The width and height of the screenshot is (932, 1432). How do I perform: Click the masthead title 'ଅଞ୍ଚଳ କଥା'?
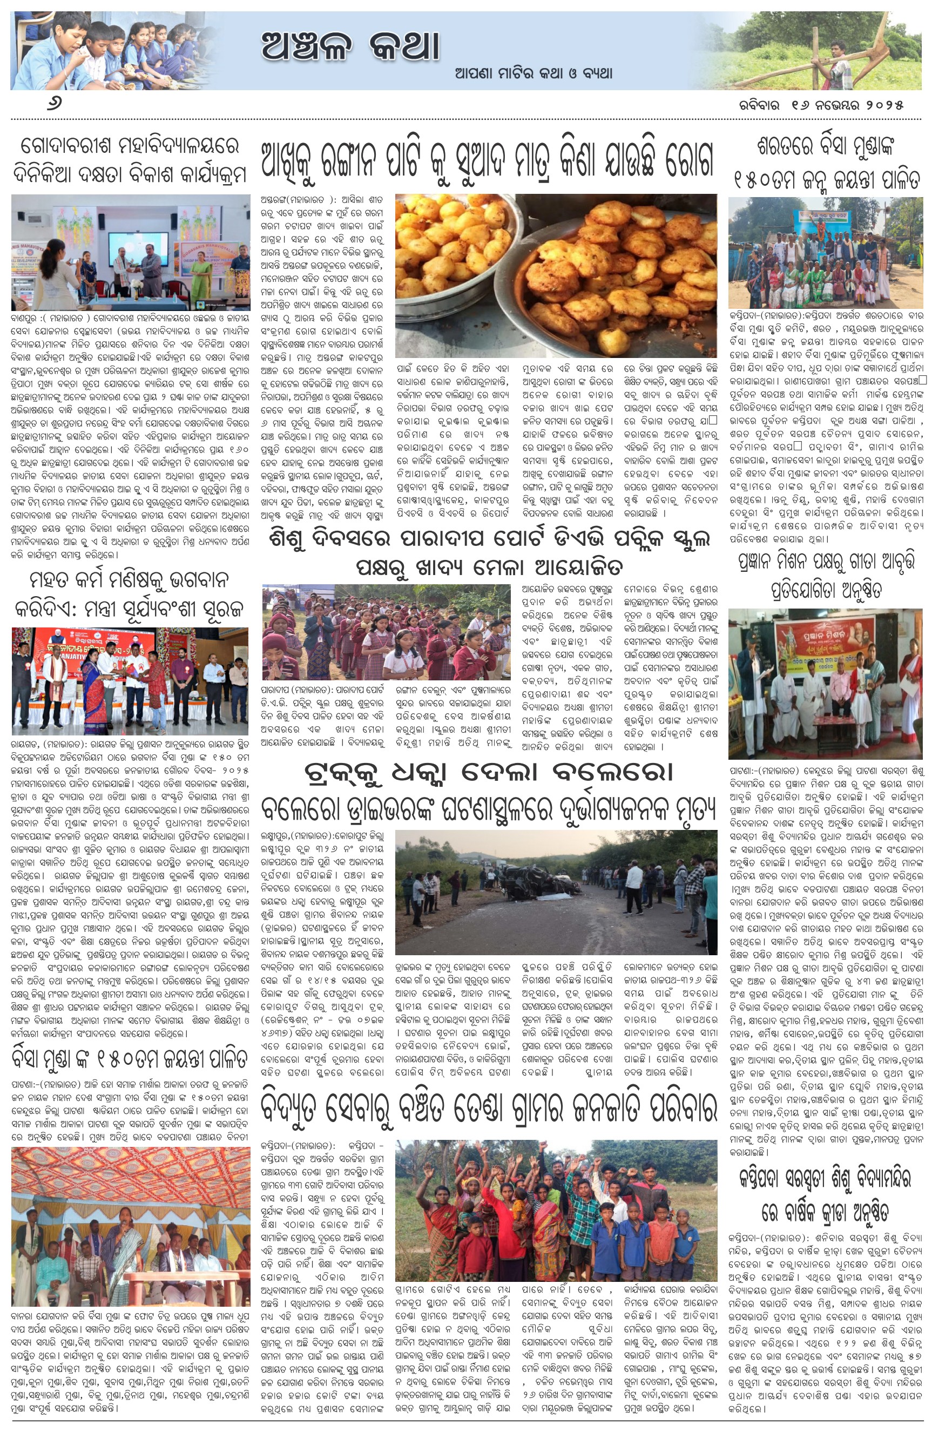tap(350, 46)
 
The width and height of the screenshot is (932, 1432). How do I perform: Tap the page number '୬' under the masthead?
tap(56, 104)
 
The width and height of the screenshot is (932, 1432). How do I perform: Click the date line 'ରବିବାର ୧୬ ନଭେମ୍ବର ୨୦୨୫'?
tap(821, 104)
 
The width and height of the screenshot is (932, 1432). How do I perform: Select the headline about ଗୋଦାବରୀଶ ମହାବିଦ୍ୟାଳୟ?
tap(130, 159)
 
